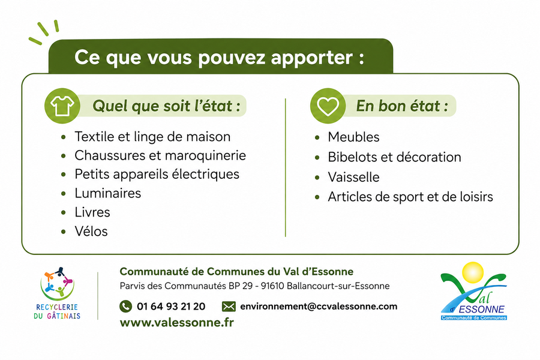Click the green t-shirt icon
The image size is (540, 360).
pos(62,106)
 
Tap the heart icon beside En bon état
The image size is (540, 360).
pos(328,106)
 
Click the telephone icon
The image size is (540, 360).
pos(126,306)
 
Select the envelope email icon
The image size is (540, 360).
pos(229,306)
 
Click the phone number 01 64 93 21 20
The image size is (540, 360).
pos(171,306)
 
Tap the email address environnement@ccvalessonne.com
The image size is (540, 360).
pos(319,306)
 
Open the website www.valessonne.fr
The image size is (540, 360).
pos(176,322)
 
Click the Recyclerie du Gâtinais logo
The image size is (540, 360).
pos(57,293)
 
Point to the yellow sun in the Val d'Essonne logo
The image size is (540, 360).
pos(473,272)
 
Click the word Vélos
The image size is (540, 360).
pos(91,231)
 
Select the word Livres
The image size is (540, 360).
pos(92,212)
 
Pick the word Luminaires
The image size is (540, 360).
pos(108,193)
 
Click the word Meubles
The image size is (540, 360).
pos(353,137)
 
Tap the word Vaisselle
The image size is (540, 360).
pos(353,177)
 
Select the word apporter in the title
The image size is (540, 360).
pos(311,58)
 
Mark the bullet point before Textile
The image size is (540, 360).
pos(64,137)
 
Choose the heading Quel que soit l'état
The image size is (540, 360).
pos(166,106)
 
